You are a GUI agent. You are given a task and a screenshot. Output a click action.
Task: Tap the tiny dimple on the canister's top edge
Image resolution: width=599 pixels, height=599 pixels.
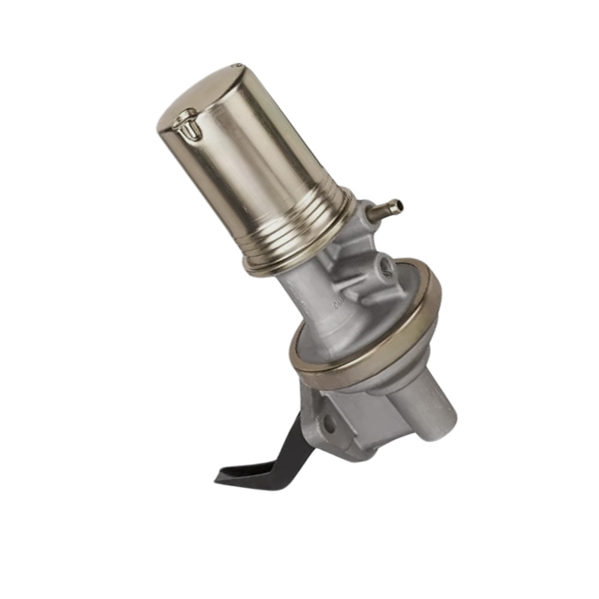238,64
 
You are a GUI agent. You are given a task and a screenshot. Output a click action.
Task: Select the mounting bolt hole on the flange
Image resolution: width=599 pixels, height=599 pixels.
329,426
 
